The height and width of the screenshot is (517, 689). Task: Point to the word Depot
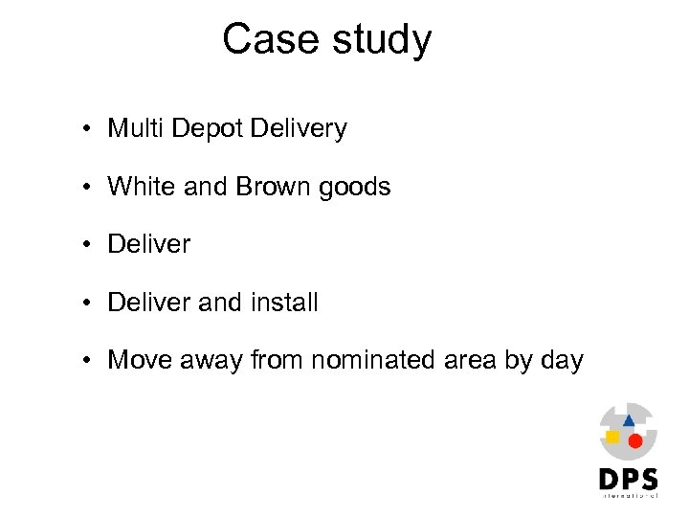[x=208, y=129]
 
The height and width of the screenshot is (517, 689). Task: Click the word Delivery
[x=298, y=129]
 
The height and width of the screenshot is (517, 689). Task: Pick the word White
[x=142, y=186]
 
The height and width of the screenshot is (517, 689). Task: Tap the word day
[x=562, y=362]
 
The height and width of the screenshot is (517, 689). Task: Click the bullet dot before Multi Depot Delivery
[x=86, y=129]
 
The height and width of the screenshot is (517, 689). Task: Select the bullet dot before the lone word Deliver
[x=86, y=245]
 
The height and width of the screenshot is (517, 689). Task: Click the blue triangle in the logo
[x=629, y=419]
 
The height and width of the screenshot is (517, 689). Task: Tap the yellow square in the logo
[x=612, y=437]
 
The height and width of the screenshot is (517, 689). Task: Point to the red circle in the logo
[x=634, y=440]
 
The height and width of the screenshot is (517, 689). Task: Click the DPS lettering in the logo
[x=628, y=479]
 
